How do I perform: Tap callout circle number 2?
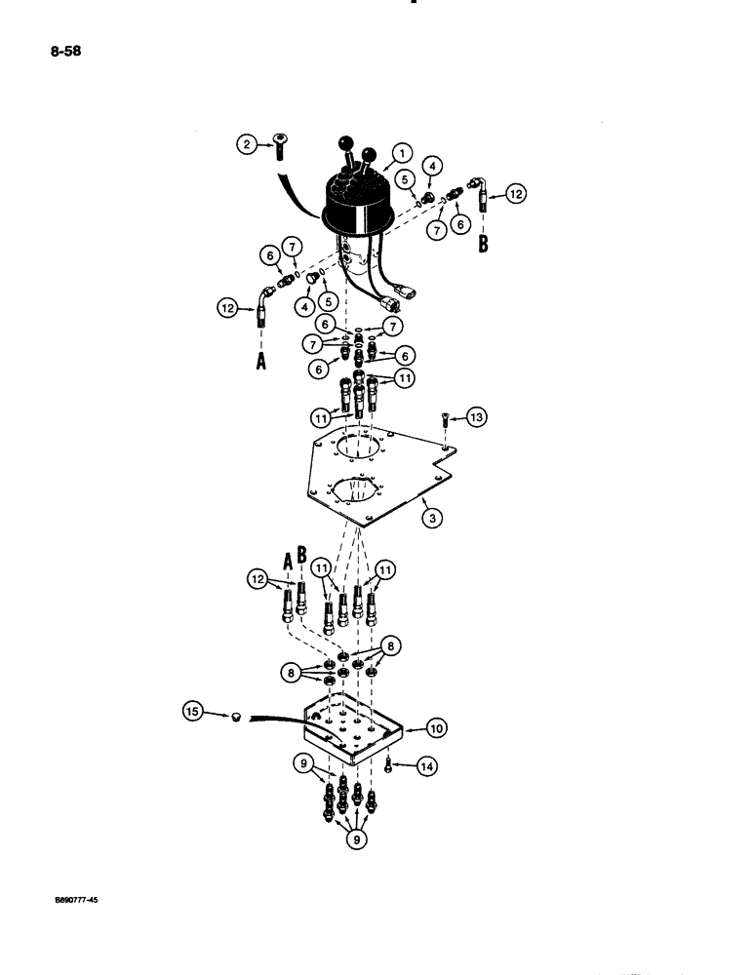(x=248, y=144)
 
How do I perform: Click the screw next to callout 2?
(x=281, y=146)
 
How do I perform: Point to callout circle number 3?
(x=430, y=517)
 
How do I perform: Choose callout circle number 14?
(x=426, y=767)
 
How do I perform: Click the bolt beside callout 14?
(x=390, y=763)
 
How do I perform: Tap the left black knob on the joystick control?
(x=346, y=144)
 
